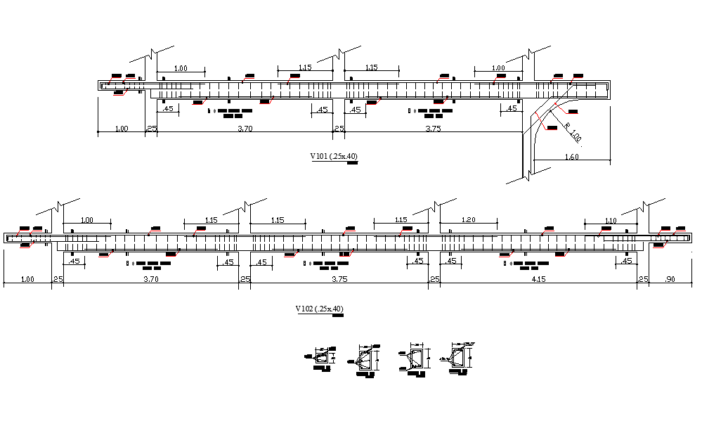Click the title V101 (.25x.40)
click(334, 157)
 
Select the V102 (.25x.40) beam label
click(320, 309)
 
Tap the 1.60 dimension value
click(571, 157)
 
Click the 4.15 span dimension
click(539, 279)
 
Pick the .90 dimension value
click(670, 279)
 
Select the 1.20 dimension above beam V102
click(469, 220)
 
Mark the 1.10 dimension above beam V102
click(610, 221)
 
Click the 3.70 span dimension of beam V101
click(245, 129)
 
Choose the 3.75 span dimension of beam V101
click(434, 129)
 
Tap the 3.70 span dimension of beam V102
click(150, 279)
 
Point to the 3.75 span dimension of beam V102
click(339, 279)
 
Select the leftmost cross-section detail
click(322, 359)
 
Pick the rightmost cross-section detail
click(458, 356)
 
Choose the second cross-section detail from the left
click(365, 360)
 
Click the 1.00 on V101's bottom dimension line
click(121, 129)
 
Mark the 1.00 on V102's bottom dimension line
click(27, 279)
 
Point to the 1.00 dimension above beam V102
click(86, 220)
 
